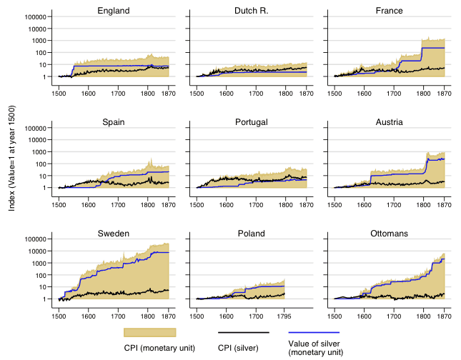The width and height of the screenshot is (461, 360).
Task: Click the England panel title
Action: pos(113,11)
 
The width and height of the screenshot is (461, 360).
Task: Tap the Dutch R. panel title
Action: pos(251,11)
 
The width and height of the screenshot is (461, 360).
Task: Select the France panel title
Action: pos(389,11)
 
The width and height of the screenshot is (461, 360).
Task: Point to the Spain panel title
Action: pos(113,122)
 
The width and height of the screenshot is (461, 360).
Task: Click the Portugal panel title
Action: pos(251,122)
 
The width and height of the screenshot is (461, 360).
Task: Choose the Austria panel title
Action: pos(389,122)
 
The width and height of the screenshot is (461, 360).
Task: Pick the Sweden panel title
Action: pos(113,234)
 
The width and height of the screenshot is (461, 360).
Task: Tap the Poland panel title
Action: pos(251,234)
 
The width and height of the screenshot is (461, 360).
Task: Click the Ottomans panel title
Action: pos(389,234)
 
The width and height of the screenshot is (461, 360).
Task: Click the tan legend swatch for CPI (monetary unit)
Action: pos(149,333)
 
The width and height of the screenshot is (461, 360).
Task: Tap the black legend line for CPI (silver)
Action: pos(243,333)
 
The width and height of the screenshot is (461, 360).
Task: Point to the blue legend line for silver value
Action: pos(314,333)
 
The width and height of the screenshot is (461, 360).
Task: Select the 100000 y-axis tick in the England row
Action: pos(35,17)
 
